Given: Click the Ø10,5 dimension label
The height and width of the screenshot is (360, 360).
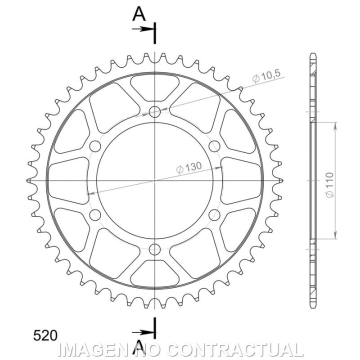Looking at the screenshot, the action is tap(266, 76).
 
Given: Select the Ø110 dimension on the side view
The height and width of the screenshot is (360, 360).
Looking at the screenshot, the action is tap(329, 185).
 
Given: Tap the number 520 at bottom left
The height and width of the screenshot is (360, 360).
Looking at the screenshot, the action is tap(45, 335).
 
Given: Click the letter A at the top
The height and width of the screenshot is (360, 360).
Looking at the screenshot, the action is tap(139, 14).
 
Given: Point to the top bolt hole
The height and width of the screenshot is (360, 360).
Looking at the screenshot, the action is tap(154, 112).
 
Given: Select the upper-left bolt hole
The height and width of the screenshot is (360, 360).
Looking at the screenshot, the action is tap(95, 146).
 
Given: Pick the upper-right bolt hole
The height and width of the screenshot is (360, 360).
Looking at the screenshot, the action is tap(214, 146).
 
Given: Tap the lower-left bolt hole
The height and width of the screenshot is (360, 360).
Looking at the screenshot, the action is tap(95, 215).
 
